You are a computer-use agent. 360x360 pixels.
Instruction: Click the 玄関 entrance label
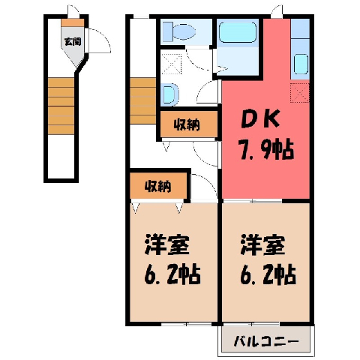(73, 41)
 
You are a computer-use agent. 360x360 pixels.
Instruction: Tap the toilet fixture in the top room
(179, 31)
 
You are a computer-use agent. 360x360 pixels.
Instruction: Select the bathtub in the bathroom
(238, 32)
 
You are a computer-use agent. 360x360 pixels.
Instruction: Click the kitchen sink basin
(301, 64)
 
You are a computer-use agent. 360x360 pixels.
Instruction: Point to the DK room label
(259, 120)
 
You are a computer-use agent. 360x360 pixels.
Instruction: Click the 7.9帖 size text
(265, 150)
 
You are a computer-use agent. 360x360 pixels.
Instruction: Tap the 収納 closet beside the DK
(187, 124)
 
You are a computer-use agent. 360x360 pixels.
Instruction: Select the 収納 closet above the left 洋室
(158, 186)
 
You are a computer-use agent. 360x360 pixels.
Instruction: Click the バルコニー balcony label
(266, 341)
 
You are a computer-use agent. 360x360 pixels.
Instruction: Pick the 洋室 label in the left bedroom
(167, 244)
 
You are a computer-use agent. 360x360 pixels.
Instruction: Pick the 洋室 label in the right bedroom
(263, 244)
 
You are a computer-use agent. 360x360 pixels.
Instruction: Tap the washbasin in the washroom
(170, 94)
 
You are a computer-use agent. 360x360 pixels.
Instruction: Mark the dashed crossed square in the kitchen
(300, 93)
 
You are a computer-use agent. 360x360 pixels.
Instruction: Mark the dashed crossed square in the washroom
(172, 64)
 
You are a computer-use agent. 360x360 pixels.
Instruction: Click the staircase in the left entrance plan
(61, 106)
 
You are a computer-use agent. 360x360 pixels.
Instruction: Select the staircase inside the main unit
(143, 100)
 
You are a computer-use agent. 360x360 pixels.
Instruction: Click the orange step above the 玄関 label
(73, 22)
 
